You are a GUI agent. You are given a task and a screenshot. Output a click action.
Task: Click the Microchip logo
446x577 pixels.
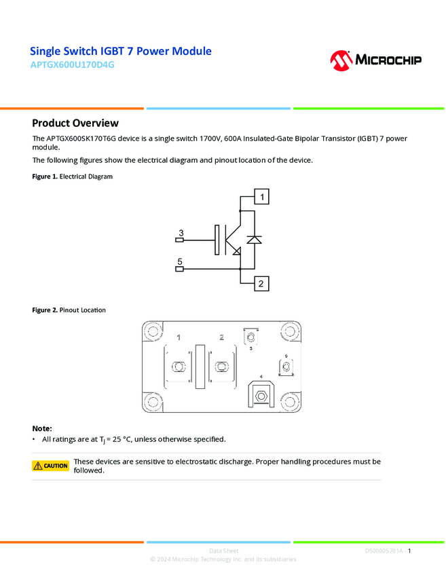[x=375, y=60]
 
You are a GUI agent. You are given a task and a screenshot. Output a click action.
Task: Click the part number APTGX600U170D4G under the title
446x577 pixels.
[x=73, y=65]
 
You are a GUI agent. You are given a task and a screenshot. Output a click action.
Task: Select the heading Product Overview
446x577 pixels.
[x=75, y=123]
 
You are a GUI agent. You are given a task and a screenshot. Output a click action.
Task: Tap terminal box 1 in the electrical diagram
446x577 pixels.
[x=261, y=197]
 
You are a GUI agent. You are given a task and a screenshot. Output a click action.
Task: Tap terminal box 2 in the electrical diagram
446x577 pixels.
[x=261, y=284]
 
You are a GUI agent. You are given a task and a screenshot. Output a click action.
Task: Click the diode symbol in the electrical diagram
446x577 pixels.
[x=254, y=240]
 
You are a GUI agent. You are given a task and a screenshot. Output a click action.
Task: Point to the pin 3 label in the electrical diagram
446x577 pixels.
[x=180, y=233]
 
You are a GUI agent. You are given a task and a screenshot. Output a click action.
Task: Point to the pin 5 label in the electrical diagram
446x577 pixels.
[x=180, y=261]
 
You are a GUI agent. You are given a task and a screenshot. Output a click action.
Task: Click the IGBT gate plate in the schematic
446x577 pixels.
[x=217, y=240]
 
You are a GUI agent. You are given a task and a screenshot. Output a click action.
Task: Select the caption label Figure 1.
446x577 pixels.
[x=45, y=176]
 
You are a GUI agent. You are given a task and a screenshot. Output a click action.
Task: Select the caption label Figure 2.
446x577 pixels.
[x=45, y=310]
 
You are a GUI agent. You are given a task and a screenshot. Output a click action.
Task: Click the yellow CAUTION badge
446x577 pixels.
[x=51, y=466]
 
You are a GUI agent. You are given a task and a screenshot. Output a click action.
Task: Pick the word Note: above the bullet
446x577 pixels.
[x=42, y=428]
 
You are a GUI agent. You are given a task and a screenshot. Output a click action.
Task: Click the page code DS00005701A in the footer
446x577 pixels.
[x=384, y=551]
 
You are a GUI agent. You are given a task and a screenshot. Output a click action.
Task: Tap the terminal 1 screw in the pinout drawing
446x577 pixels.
[x=180, y=367]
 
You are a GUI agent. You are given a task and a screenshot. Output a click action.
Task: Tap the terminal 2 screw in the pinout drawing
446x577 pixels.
[x=221, y=367]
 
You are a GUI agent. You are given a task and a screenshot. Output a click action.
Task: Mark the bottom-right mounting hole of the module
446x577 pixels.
[x=290, y=402]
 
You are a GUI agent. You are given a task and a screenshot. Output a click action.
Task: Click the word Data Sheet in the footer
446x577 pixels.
[x=223, y=551]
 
